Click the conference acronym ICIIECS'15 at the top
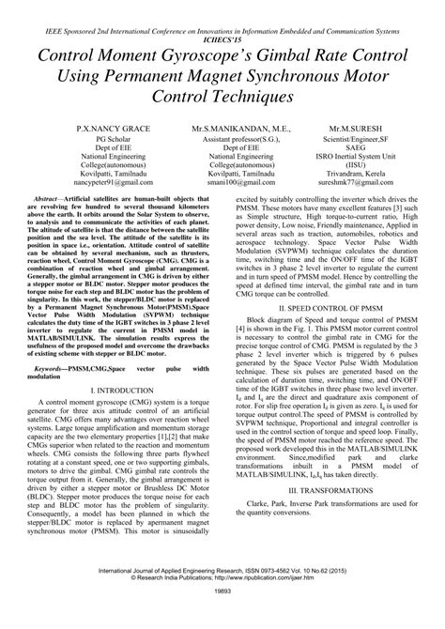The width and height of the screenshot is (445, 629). click(222, 40)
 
